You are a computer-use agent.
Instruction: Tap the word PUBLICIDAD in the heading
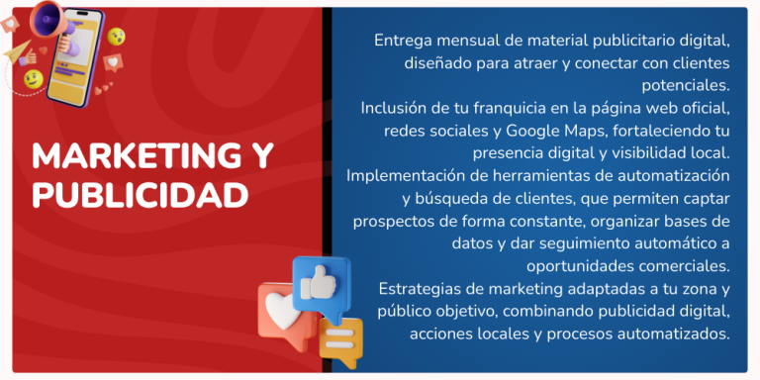pos(140,195)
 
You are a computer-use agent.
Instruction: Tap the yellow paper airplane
pos(17,51)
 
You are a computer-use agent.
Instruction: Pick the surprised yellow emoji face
pos(117,37)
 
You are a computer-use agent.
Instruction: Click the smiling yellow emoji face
pos(33,77)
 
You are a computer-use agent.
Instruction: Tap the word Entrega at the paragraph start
pos(402,42)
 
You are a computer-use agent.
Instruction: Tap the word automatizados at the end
pos(677,333)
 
